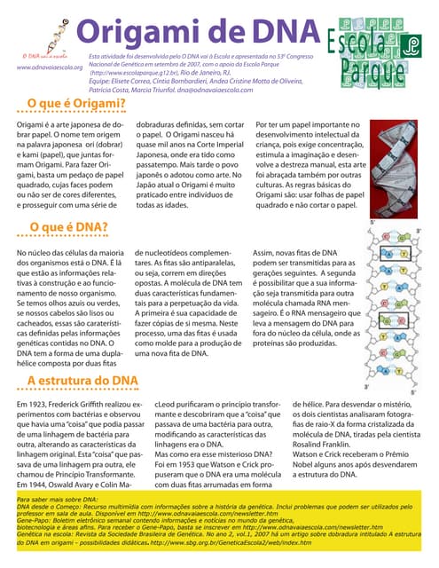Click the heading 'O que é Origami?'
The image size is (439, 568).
coord(75,104)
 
